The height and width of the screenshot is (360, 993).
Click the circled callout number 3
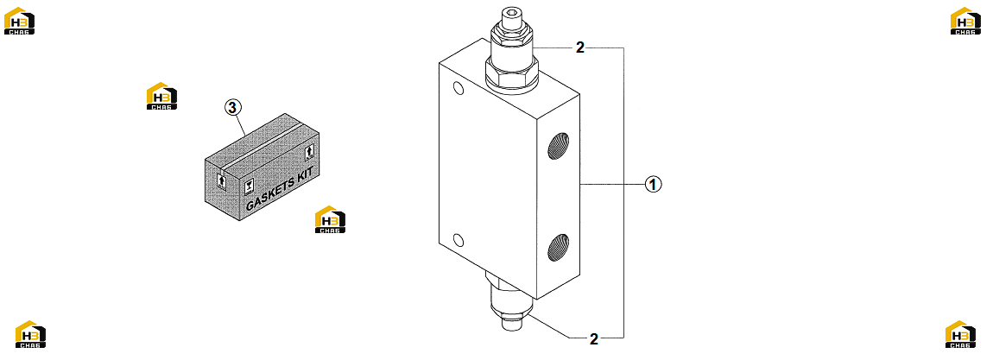point(233,108)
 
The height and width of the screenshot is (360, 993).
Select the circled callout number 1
point(653,184)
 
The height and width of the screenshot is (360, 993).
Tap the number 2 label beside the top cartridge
point(580,47)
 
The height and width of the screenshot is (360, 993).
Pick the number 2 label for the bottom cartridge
point(593,338)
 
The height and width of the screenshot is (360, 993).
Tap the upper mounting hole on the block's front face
point(458,88)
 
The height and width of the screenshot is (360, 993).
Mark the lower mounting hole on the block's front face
point(459,240)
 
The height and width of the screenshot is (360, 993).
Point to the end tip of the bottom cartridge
point(511,323)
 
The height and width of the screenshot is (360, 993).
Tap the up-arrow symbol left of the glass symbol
point(221,181)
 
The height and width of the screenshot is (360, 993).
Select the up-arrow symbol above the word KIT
point(309,153)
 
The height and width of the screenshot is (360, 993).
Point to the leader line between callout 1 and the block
point(612,184)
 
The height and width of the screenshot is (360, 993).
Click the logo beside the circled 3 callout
point(161,96)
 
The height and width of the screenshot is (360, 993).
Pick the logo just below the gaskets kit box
point(330,219)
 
